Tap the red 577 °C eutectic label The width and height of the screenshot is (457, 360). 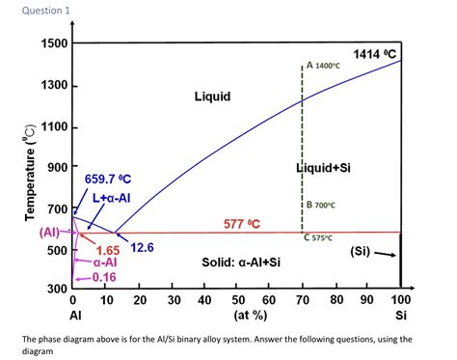click(x=243, y=224)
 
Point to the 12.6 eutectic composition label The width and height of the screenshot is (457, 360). click(x=142, y=248)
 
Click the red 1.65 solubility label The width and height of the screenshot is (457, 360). click(x=107, y=250)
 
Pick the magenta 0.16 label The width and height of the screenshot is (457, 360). click(x=104, y=277)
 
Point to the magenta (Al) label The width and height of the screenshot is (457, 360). click(x=50, y=233)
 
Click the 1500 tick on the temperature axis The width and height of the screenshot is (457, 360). click(x=54, y=43)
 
